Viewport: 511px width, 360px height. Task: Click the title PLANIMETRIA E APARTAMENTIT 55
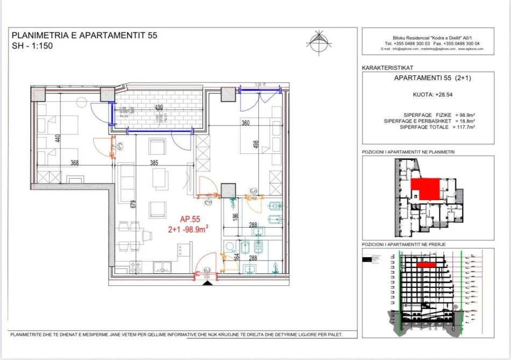pyautogui.click(x=84, y=36)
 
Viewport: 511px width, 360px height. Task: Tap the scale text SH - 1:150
pyautogui.click(x=32, y=46)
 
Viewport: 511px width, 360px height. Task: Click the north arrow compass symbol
pyautogui.click(x=317, y=41)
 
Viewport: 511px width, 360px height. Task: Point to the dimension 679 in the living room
pyautogui.click(x=131, y=204)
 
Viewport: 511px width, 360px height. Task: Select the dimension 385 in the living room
pyautogui.click(x=156, y=164)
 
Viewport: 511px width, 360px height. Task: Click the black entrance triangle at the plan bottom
pyautogui.click(x=205, y=283)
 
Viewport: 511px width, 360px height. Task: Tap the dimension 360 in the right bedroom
pyautogui.click(x=245, y=123)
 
